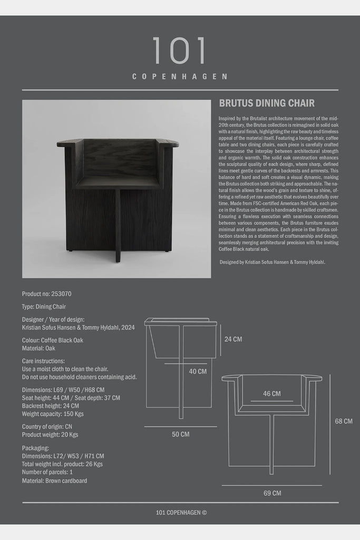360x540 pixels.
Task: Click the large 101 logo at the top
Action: click(x=179, y=51)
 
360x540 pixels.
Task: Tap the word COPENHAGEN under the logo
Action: click(x=180, y=76)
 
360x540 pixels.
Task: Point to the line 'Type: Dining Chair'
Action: click(x=44, y=306)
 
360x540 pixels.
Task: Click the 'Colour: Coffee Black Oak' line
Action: click(x=53, y=340)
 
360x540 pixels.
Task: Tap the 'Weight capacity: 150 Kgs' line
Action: click(x=53, y=414)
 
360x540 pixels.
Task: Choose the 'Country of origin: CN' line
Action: click(x=47, y=427)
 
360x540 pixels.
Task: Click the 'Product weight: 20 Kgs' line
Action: click(x=50, y=435)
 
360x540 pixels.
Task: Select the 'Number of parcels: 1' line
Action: click(x=47, y=472)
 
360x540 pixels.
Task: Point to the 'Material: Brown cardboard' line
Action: click(x=54, y=481)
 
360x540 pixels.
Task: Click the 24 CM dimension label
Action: click(x=233, y=339)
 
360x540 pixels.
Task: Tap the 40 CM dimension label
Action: click(x=198, y=371)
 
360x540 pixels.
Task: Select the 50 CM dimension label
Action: click(x=180, y=435)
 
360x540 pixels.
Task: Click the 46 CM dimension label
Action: click(x=271, y=393)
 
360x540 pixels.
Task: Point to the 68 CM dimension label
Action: click(x=344, y=421)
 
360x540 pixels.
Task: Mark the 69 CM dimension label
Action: click(x=272, y=494)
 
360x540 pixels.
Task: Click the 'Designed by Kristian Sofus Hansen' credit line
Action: click(x=273, y=262)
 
